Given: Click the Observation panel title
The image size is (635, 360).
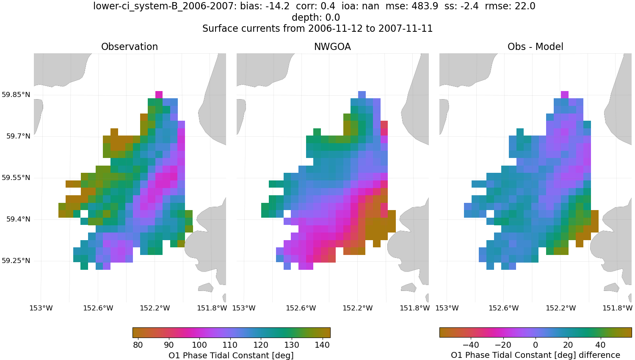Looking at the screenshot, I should [x=130, y=47].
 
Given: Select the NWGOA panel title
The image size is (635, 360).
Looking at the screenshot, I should [x=332, y=47].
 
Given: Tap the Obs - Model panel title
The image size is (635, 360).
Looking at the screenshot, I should [x=535, y=47].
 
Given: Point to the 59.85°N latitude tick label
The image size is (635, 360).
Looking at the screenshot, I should [x=16, y=94].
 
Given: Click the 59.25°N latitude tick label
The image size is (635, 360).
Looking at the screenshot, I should [x=16, y=260].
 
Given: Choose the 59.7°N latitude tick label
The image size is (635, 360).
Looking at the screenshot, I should [x=18, y=136].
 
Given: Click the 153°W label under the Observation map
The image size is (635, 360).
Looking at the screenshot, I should [x=41, y=308].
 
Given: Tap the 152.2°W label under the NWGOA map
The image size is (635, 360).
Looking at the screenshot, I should [x=357, y=308].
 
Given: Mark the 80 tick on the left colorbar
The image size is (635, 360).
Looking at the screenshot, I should [x=138, y=345].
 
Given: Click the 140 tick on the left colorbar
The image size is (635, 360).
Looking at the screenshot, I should [x=323, y=345].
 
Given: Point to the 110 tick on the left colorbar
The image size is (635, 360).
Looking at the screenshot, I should [x=230, y=345].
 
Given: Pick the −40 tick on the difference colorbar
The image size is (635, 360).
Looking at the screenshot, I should [x=470, y=345].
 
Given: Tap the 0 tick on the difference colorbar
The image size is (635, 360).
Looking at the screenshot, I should [x=536, y=345].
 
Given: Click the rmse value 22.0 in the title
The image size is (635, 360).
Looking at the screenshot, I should [x=525, y=6].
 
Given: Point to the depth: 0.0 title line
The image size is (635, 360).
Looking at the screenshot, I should [x=316, y=18].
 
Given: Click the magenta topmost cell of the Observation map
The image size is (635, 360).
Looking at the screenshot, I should [x=159, y=94].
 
